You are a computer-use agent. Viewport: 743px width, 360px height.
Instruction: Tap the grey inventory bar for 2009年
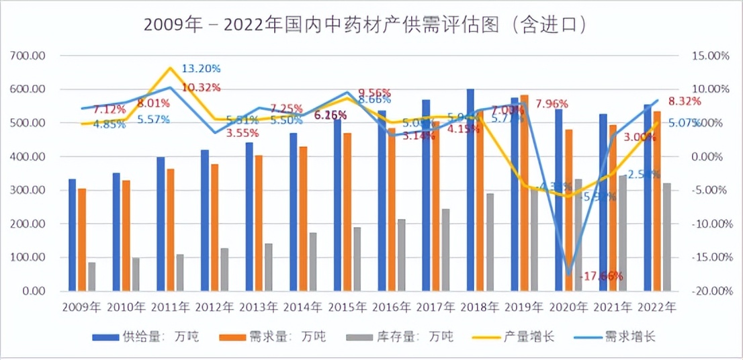click(91, 276)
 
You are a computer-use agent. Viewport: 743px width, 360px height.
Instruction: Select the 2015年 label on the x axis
click(347, 307)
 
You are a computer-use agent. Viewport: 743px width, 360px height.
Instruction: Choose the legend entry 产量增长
click(526, 336)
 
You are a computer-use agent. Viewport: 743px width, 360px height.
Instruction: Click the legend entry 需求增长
click(627, 336)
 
